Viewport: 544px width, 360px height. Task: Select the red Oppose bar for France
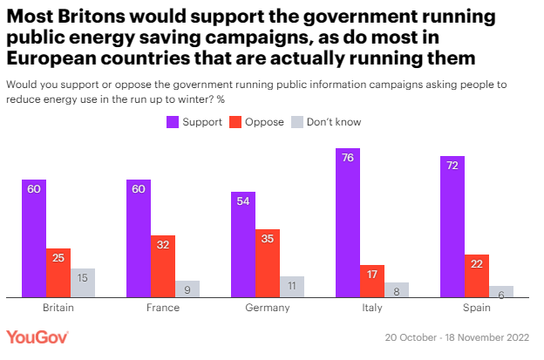pos(163,266)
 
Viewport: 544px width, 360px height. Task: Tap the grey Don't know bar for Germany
pos(292,287)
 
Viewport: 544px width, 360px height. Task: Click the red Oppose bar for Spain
pos(477,275)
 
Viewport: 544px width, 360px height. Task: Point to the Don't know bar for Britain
pos(83,282)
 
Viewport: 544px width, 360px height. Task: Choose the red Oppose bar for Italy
pos(372,281)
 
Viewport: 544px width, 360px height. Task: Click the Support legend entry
pos(195,122)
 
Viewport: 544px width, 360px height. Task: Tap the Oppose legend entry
pos(257,122)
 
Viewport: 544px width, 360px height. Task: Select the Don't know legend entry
pos(327,122)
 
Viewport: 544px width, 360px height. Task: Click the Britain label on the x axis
pos(58,308)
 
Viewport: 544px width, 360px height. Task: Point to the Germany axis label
pos(268,308)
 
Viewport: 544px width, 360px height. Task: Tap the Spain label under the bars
pos(477,308)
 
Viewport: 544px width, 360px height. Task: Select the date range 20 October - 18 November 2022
pos(459,337)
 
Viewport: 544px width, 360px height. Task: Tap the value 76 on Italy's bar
pos(348,158)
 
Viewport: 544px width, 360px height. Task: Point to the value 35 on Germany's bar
pos(268,238)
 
